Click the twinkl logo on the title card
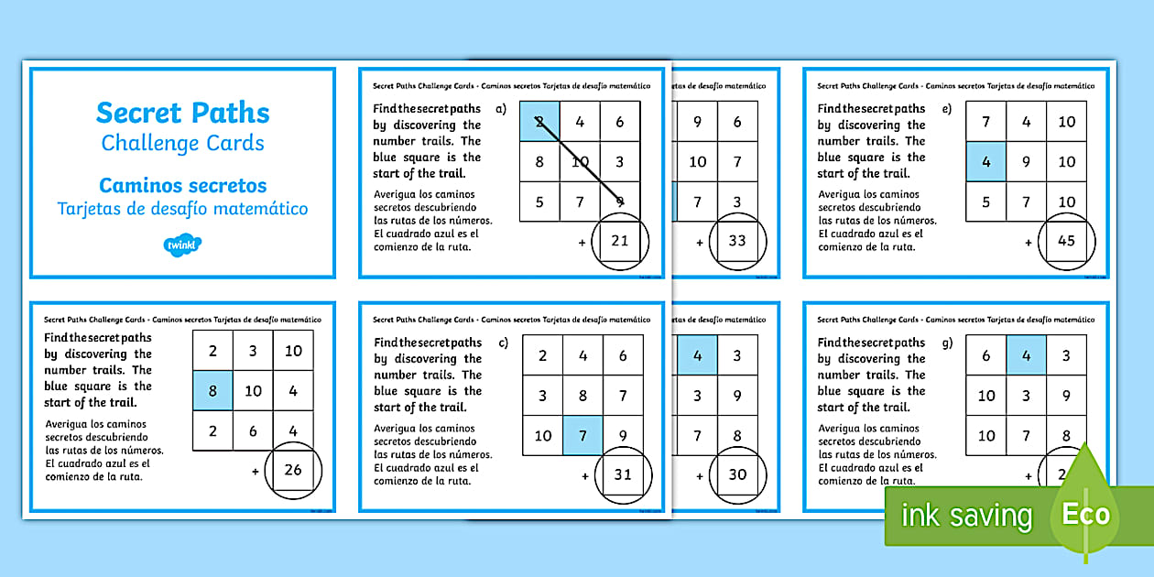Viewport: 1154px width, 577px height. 183,244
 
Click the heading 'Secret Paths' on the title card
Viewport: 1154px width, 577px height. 183,113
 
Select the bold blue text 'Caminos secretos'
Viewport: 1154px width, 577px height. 183,185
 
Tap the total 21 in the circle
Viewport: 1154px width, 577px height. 620,241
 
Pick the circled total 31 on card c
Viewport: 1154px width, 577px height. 623,475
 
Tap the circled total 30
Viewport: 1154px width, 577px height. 736,474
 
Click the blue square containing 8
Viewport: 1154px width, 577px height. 212,391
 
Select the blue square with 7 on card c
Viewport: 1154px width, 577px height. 582,435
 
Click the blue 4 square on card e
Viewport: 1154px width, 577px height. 986,161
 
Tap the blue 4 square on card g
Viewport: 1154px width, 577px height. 1027,355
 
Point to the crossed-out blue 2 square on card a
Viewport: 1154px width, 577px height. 540,122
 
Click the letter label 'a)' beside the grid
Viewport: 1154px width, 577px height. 500,108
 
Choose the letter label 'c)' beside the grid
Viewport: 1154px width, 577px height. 502,343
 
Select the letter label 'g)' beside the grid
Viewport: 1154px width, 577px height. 946,343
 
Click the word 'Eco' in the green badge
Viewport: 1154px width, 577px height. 1085,514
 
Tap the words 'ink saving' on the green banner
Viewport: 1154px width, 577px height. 965,516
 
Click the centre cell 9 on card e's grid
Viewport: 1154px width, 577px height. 1027,161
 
